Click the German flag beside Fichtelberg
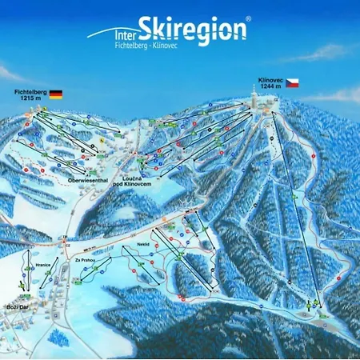pyautogui.click(x=55, y=94)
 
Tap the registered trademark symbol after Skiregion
pyautogui.click(x=248, y=18)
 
